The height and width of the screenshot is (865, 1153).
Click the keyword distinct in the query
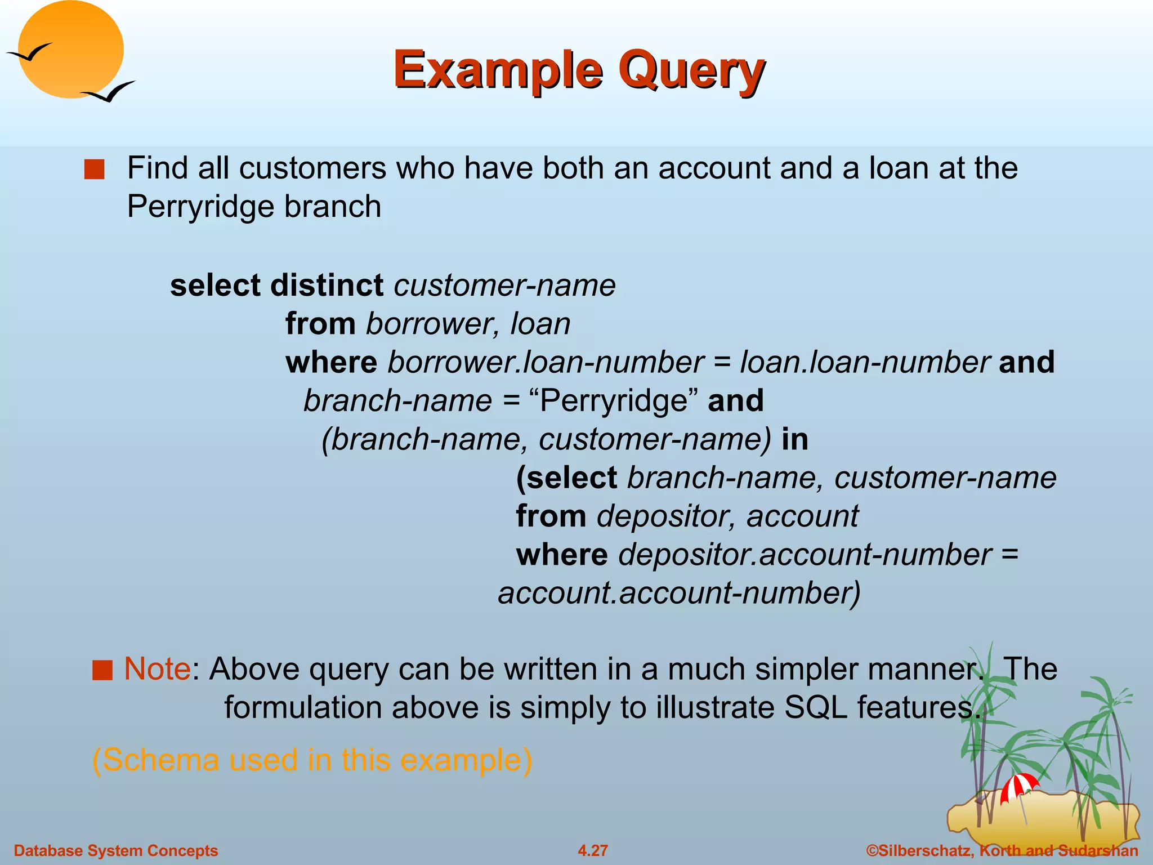pos(327,286)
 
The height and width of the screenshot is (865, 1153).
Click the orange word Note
pos(157,669)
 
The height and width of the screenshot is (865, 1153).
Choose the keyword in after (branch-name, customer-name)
pos(794,439)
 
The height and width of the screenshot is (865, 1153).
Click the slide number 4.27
pos(593,850)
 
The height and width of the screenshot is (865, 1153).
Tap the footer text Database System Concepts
pos(116,850)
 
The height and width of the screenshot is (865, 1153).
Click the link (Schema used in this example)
pos(312,760)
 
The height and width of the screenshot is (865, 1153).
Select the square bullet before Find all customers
pos(94,170)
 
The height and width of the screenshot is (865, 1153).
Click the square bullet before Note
pos(102,671)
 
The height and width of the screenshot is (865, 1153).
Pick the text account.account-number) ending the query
pos(679,594)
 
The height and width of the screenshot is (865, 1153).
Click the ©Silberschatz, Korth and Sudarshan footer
pos(1002,850)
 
